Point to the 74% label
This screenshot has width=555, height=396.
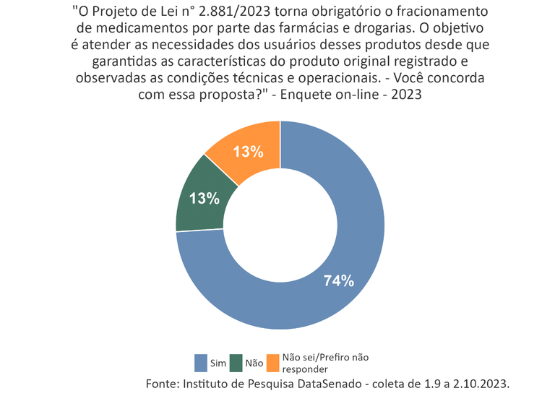pyautogui.click(x=338, y=281)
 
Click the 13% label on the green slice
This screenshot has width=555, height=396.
pyautogui.click(x=205, y=199)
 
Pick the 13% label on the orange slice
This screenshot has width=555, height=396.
pyautogui.click(x=247, y=152)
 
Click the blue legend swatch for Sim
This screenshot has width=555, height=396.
pyautogui.click(x=202, y=362)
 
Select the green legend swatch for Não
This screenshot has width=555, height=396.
pyautogui.click(x=236, y=362)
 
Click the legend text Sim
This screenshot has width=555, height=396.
pyautogui.click(x=218, y=363)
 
